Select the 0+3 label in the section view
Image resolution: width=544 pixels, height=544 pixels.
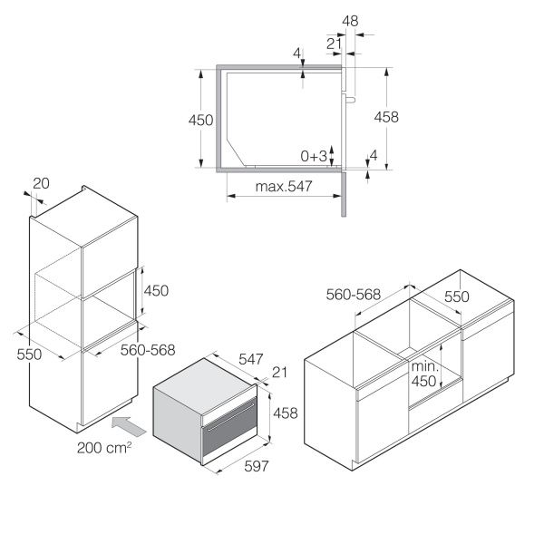pyautogui.click(x=314, y=156)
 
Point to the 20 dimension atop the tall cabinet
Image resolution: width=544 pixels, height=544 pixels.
pyautogui.click(x=41, y=183)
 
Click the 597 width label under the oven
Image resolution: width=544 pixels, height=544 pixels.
pyautogui.click(x=257, y=466)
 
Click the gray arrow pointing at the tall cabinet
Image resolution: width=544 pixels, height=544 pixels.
pyautogui.click(x=126, y=423)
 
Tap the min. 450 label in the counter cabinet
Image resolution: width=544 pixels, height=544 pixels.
pyautogui.click(x=424, y=374)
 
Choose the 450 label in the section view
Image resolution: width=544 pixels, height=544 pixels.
pyautogui.click(x=200, y=120)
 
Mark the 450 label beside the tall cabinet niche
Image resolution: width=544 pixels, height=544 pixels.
pyautogui.click(x=157, y=290)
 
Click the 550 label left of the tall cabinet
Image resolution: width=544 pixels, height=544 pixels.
pyautogui.click(x=30, y=355)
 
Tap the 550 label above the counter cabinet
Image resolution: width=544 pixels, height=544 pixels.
pyautogui.click(x=456, y=296)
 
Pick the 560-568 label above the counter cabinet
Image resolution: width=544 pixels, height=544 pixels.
pyautogui.click(x=353, y=294)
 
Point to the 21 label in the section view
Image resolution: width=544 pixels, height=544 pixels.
pyautogui.click(x=334, y=43)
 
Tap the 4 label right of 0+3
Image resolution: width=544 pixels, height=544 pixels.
pyautogui.click(x=373, y=155)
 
